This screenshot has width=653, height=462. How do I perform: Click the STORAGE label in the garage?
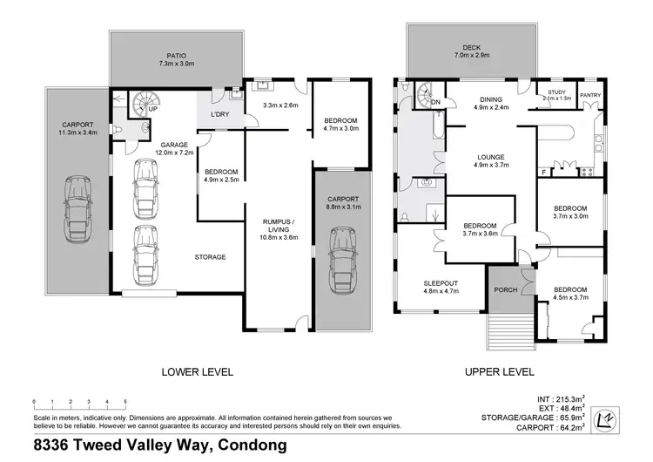210,257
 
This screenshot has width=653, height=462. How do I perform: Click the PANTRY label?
589,96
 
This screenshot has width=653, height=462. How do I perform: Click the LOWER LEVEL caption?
198,371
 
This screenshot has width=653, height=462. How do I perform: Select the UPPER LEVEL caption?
499,371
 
